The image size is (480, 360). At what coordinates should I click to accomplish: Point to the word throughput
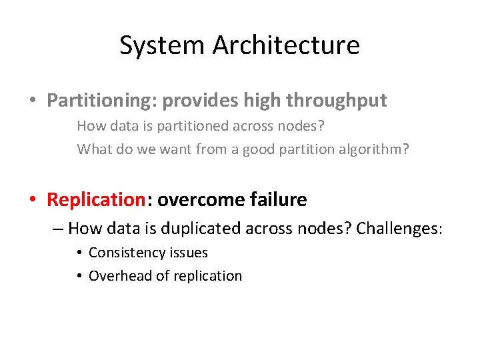coord(336,101)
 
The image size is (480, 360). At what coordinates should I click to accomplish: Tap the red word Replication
coord(96,199)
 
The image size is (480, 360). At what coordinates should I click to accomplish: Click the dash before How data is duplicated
coord(58,229)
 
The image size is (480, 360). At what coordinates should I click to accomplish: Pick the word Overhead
coord(118,276)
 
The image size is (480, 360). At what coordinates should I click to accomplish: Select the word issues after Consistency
coord(189,253)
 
